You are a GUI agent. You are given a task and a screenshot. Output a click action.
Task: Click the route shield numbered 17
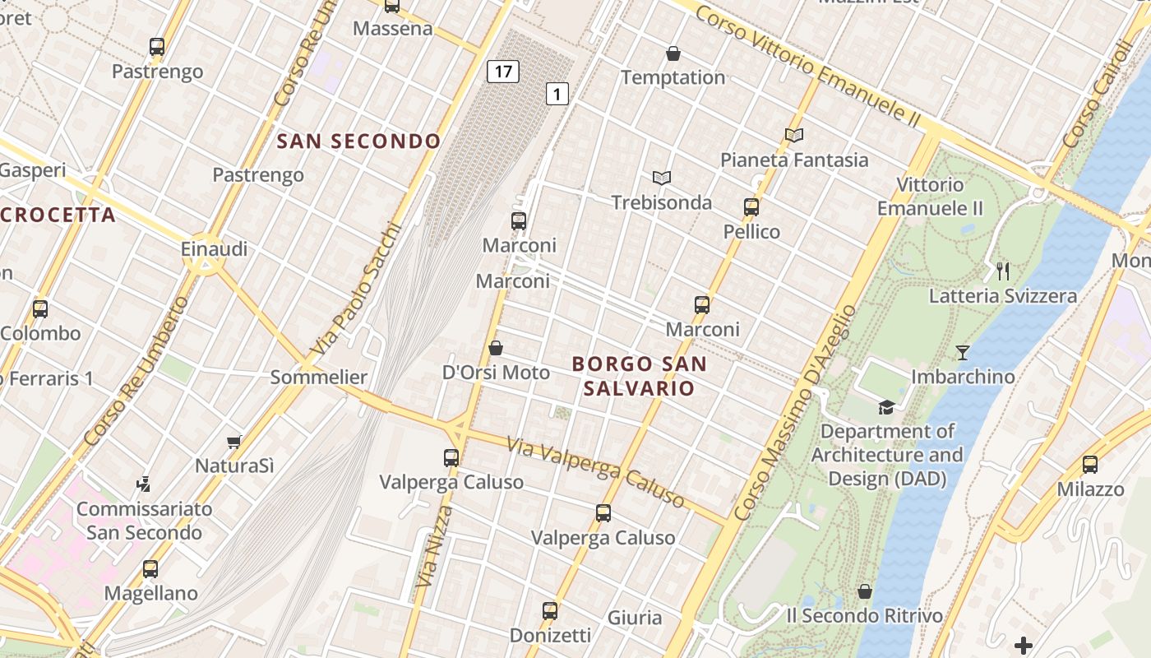(503, 72)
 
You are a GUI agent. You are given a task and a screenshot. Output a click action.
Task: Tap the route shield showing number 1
(557, 94)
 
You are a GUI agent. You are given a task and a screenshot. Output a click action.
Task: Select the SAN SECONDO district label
(358, 141)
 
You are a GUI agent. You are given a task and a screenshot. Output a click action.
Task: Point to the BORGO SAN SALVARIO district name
(639, 376)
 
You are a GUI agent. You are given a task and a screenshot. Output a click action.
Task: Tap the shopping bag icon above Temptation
(673, 54)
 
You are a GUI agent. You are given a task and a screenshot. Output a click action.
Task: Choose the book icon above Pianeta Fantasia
(793, 135)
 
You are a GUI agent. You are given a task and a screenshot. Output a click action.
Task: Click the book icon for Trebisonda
(661, 178)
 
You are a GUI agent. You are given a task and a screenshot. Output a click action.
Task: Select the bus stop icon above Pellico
(751, 207)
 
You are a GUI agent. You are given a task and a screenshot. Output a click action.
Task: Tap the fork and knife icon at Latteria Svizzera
(1002, 271)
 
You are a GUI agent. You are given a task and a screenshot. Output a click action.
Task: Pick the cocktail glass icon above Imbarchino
(963, 353)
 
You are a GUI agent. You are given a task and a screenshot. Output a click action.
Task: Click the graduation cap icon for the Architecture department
(885, 407)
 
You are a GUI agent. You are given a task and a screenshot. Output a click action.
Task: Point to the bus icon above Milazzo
(1090, 465)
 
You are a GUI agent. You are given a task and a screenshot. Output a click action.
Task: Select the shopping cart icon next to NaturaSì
(234, 442)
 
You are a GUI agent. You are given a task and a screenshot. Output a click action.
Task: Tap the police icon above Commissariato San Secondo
(144, 484)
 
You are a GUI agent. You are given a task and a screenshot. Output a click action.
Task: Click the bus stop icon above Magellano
(150, 568)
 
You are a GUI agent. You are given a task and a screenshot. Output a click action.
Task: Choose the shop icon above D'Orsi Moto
(496, 348)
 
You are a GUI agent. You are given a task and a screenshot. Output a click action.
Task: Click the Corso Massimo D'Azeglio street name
(794, 413)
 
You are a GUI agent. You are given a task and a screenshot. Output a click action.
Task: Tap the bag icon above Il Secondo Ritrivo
(864, 591)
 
